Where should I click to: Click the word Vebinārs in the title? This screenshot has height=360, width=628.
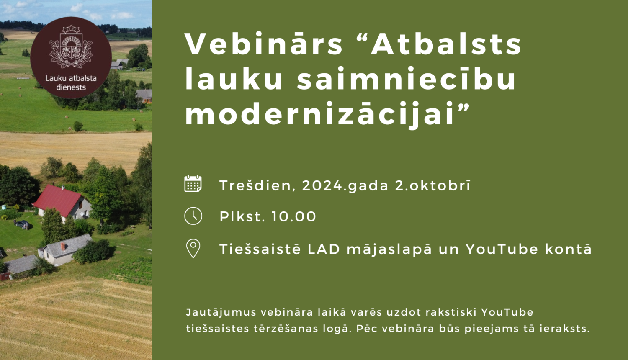coord(264,44)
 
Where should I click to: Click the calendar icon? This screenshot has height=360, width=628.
coord(193,184)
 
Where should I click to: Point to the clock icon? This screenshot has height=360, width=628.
coord(193,216)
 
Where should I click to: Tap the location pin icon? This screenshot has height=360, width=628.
coord(193,249)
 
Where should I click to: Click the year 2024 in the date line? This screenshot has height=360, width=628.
coord(322,185)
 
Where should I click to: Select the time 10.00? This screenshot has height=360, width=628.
coord(294,217)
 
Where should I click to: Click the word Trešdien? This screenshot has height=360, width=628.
coord(255,185)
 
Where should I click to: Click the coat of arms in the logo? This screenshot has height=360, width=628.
coord(71,48)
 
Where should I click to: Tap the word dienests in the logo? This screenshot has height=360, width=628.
coord(71,87)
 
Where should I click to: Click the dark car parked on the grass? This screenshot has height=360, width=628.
coord(22,224)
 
